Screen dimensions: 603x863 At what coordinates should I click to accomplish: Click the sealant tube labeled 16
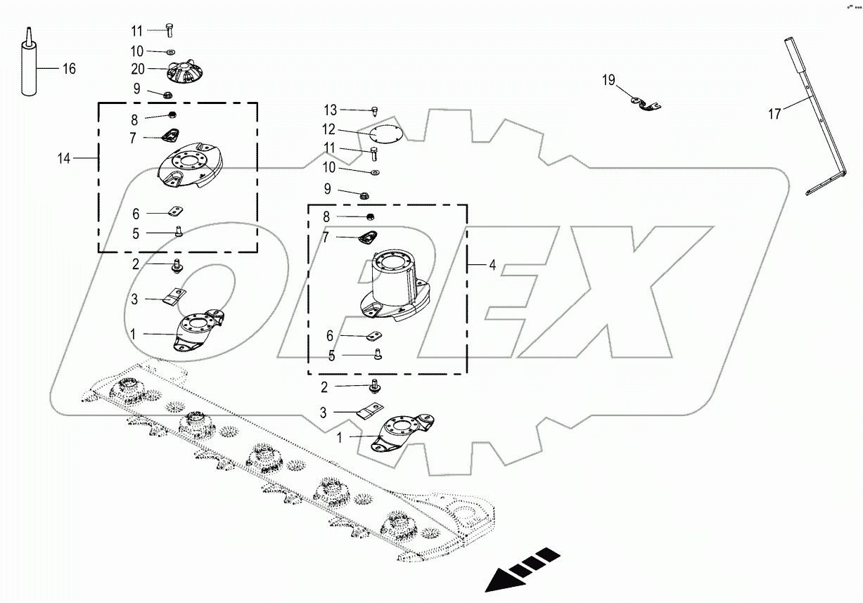coord(28,70)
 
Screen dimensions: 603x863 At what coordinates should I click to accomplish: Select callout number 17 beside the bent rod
coord(774,115)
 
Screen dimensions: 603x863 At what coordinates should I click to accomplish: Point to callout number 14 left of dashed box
coord(64,159)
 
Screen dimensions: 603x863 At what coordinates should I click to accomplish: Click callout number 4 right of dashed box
coord(492,265)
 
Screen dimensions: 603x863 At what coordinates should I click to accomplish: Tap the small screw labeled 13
coord(374,110)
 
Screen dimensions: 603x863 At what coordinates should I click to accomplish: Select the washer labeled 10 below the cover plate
coord(374,171)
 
